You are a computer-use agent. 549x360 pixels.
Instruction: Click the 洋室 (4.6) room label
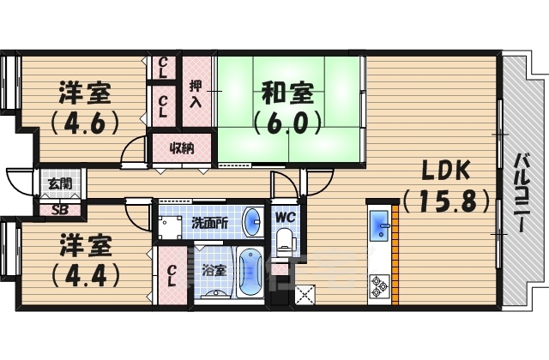(x=85, y=106)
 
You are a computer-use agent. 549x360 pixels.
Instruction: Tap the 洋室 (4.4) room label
(x=85, y=261)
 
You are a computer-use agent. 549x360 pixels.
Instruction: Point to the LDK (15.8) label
(x=444, y=186)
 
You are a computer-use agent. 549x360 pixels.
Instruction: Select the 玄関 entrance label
(x=48, y=182)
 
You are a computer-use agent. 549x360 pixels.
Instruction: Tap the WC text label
(x=284, y=216)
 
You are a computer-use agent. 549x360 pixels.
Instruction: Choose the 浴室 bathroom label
(x=212, y=271)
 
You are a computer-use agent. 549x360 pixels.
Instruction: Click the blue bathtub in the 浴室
(x=250, y=272)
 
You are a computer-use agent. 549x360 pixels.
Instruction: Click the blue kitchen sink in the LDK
(x=379, y=228)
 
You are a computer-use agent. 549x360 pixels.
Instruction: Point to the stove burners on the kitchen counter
(x=378, y=285)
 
